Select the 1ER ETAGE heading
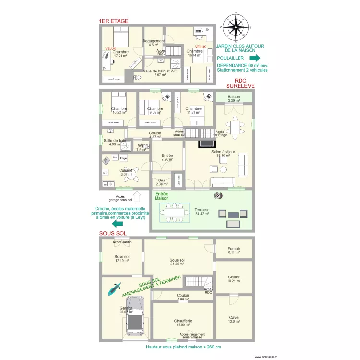click(113, 21)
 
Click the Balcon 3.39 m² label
click(234, 99)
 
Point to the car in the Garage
click(134, 317)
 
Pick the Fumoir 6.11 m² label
click(234, 250)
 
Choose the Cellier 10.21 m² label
click(234, 279)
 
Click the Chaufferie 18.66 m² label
click(183, 323)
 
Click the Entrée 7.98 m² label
click(167, 157)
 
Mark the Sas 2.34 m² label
click(162, 181)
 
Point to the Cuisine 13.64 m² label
click(126, 172)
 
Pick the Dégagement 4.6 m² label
click(154, 43)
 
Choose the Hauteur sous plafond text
click(183, 347)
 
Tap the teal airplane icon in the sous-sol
click(115, 288)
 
